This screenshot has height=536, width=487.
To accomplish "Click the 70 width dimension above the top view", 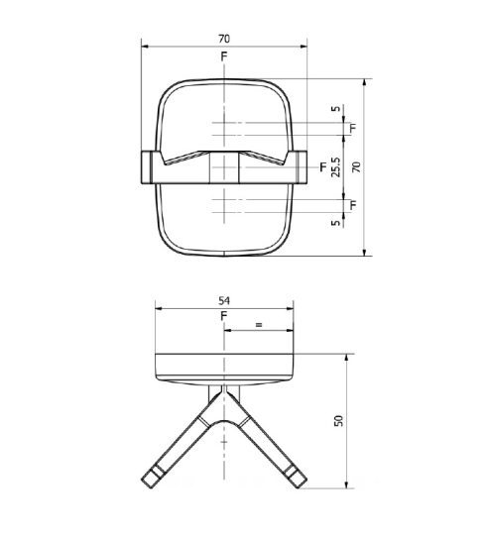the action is pyautogui.click(x=224, y=39).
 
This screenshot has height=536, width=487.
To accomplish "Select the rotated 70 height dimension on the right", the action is pyautogui.click(x=357, y=167).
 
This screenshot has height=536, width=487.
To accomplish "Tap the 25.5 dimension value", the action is pyautogui.click(x=336, y=167).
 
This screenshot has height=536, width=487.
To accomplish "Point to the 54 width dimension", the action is pyautogui.click(x=224, y=301).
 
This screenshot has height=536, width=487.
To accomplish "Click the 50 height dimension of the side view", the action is pyautogui.click(x=338, y=421).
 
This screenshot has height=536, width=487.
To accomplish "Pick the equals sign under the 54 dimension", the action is pyautogui.click(x=259, y=325).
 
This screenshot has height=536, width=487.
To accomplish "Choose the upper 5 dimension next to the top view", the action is pyautogui.click(x=336, y=109).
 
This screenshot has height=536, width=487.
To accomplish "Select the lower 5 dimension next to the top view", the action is pyautogui.click(x=336, y=223).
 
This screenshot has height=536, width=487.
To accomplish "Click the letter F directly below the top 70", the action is pyautogui.click(x=224, y=56).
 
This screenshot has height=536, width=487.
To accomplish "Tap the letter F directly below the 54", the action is pyautogui.click(x=224, y=316).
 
